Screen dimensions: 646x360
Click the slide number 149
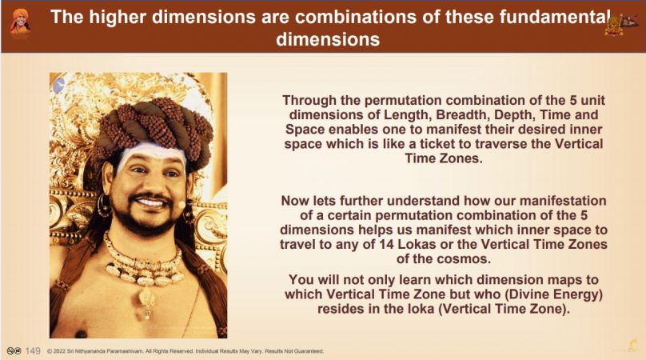pos(33,351)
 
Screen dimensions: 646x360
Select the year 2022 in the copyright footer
pos(60,351)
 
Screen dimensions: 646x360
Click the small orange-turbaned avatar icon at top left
pos(20,22)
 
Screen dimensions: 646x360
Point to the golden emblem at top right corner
pos(620,24)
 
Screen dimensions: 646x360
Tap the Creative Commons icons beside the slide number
pos(14,351)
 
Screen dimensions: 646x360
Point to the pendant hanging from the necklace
pos(146,302)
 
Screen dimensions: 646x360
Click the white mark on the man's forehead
pos(154,154)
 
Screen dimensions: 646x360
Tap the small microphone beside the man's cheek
pos(181,205)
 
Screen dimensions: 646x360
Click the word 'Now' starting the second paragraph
pos(295,201)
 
